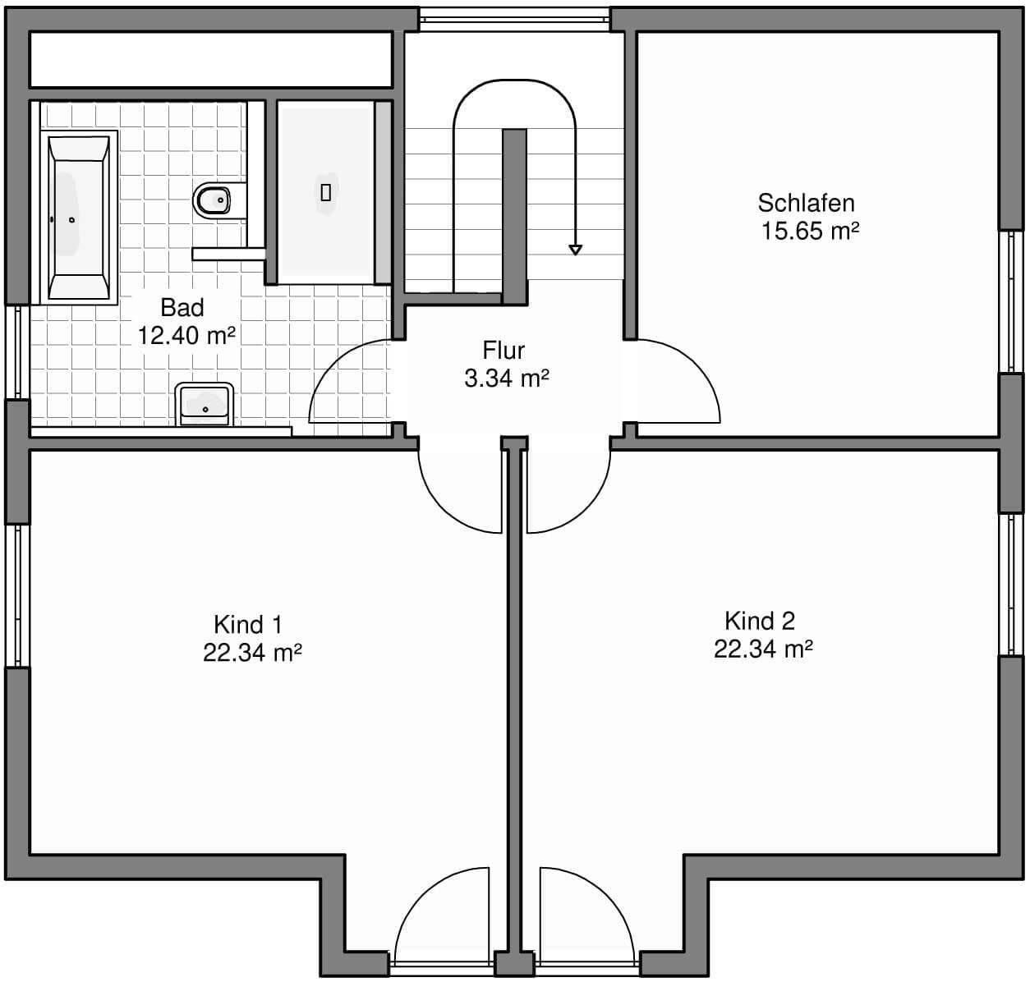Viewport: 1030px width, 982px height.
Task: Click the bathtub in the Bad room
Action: [79, 217]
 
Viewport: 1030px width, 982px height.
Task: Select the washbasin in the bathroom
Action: [205, 404]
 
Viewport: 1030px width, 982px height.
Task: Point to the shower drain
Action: [326, 193]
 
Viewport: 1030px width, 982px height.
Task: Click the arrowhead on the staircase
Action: [575, 250]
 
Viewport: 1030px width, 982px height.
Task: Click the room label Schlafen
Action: [806, 203]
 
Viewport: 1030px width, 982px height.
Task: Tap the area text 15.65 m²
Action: [810, 231]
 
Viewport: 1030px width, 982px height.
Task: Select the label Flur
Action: [504, 351]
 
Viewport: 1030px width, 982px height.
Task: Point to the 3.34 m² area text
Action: [507, 379]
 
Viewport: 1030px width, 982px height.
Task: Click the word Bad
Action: [182, 307]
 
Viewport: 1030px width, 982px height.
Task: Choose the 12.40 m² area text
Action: [186, 335]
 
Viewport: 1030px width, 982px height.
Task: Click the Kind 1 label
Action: [248, 624]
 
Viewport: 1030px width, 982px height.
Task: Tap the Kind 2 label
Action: [760, 621]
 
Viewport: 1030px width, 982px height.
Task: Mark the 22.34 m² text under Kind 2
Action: [763, 649]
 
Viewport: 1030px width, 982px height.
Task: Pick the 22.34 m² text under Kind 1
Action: [252, 653]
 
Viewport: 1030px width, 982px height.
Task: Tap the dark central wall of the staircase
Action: [514, 216]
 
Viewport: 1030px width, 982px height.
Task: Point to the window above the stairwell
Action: [515, 20]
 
